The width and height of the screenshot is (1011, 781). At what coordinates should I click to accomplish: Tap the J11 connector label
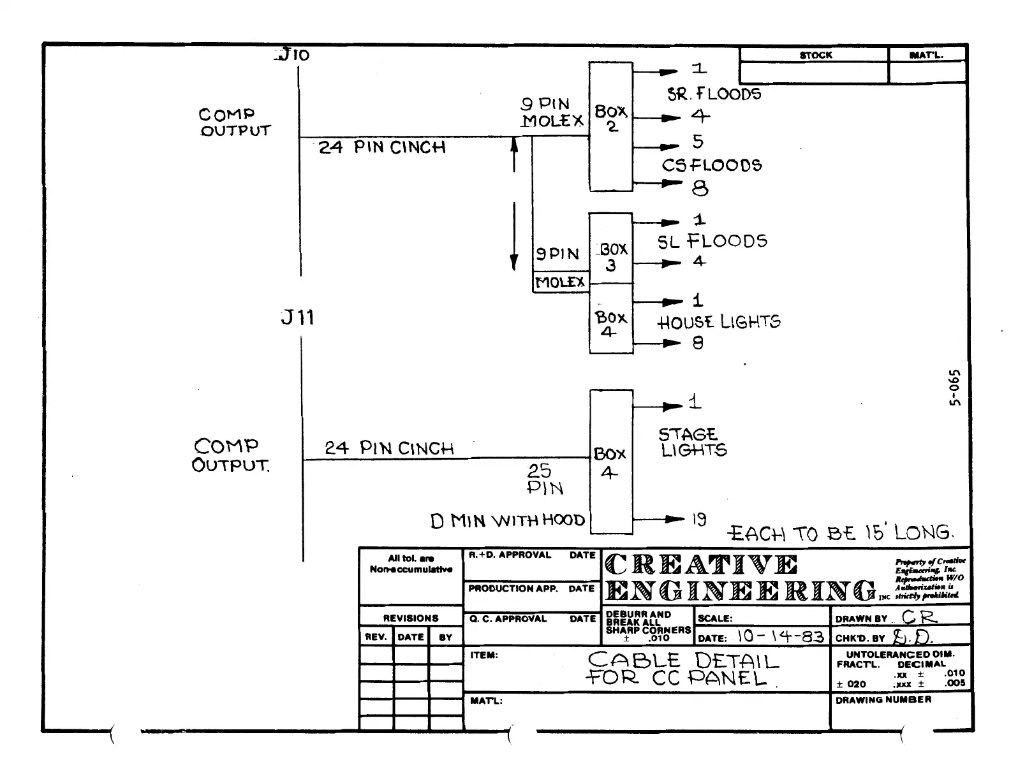297,317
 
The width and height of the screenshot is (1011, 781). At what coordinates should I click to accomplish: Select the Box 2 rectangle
610,126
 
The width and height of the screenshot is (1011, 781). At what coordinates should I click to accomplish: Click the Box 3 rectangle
610,249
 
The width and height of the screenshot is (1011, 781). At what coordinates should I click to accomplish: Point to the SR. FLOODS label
714,94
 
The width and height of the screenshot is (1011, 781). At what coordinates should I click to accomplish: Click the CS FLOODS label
711,165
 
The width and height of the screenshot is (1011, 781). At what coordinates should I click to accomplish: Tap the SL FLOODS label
712,241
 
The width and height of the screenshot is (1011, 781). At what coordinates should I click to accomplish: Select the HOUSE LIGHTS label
718,322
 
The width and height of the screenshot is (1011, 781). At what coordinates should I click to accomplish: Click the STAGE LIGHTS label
691,442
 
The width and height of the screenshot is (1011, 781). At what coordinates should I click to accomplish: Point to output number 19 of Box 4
699,520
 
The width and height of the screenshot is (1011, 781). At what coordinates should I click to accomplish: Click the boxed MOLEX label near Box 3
560,282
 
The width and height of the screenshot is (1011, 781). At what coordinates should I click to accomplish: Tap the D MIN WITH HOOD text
508,521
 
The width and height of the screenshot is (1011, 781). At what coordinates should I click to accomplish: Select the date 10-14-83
780,636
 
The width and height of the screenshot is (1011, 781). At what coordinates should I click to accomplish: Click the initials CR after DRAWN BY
919,617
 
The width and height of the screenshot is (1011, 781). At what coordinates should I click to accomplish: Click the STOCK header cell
815,55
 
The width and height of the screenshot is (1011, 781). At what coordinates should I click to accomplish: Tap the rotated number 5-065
953,388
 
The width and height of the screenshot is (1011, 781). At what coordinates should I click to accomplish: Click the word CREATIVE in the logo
700,565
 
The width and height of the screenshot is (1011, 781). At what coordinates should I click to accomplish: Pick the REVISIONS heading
410,618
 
